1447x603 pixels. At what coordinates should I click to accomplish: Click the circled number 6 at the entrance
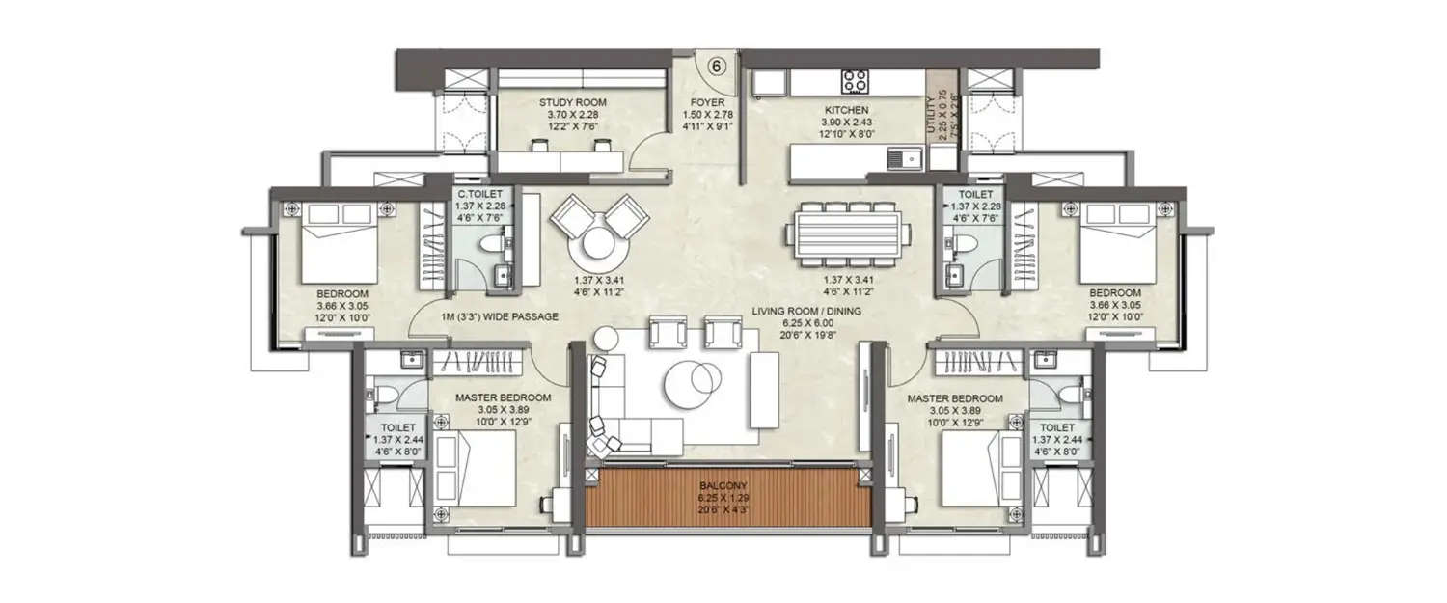click(717, 67)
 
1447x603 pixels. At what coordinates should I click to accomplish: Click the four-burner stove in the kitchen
click(854, 80)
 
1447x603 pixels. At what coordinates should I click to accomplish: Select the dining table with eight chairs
click(848, 233)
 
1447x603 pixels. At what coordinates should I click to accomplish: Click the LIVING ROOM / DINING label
click(805, 311)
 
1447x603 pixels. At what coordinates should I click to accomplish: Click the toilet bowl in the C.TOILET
click(491, 249)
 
